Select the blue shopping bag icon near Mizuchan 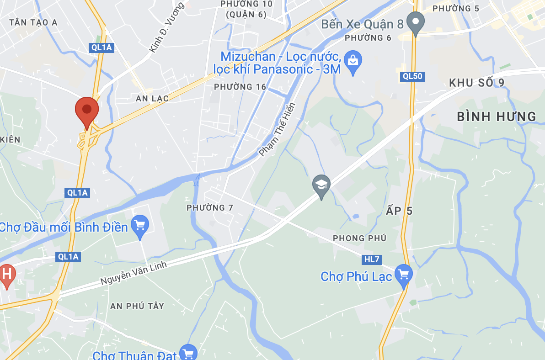[x=353, y=62]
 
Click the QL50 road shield [x=412, y=76]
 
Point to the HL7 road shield [x=372, y=259]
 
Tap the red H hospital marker [x=6, y=275]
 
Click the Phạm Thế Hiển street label [x=278, y=129]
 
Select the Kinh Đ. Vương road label [x=166, y=27]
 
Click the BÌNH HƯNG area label [x=497, y=116]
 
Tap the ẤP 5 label [x=399, y=211]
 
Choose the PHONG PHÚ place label [x=359, y=238]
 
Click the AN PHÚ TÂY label [x=137, y=306]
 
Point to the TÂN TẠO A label [x=33, y=22]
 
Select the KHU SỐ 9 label [x=476, y=83]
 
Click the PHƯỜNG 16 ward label [x=240, y=87]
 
